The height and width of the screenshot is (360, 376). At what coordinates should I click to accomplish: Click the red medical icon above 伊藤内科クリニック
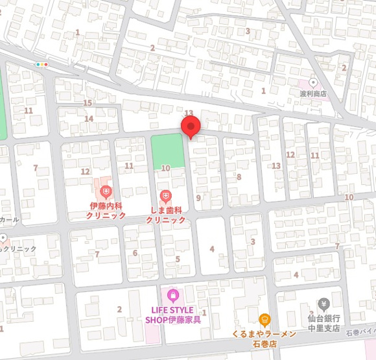[106, 191]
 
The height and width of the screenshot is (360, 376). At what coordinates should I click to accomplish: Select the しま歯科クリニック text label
[165, 215]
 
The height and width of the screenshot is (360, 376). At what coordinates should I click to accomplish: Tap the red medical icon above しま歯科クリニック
[165, 195]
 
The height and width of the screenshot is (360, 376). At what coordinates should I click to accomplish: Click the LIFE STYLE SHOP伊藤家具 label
[173, 314]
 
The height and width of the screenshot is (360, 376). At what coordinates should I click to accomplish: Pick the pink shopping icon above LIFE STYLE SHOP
[172, 296]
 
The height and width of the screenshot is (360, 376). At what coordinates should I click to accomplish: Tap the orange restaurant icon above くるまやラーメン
[264, 319]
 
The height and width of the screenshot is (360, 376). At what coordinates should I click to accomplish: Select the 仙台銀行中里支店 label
[324, 322]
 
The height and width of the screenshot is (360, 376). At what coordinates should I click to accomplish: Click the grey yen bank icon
[324, 304]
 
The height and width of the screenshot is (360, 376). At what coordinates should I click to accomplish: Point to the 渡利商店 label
[313, 94]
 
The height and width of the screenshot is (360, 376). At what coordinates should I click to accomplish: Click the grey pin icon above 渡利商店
[313, 82]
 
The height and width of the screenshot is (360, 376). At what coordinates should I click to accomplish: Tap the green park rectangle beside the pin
[167, 151]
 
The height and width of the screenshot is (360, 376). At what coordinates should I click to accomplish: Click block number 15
[88, 103]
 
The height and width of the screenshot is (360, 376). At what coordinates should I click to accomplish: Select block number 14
[89, 119]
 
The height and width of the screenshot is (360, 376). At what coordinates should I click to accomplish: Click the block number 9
[198, 197]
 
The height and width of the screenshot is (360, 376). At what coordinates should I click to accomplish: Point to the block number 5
[177, 259]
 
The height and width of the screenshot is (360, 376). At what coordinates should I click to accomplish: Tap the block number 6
[135, 253]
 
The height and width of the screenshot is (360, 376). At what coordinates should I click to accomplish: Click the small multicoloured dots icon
[43, 64]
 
